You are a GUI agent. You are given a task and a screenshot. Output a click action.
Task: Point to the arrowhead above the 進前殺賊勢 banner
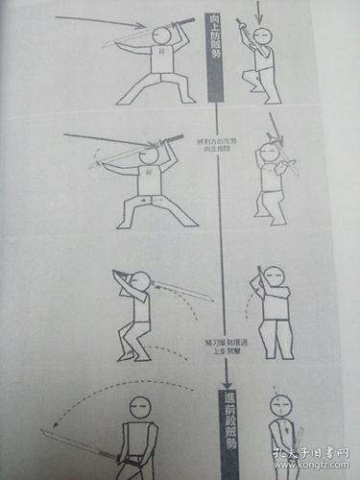(224, 386)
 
